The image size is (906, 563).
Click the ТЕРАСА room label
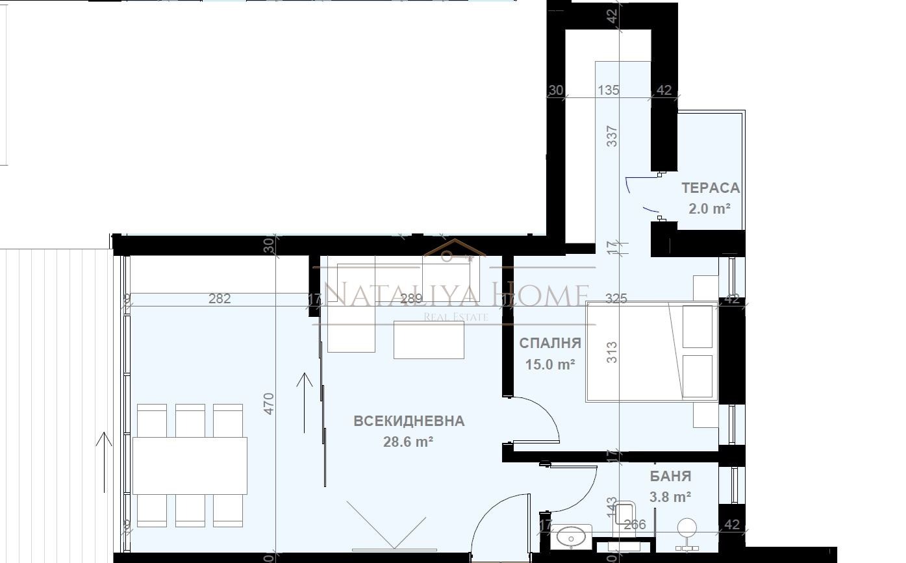pyautogui.click(x=711, y=188)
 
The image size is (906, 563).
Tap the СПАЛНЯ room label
pyautogui.click(x=549, y=344)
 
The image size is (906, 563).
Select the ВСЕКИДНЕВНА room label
pyautogui.click(x=409, y=421)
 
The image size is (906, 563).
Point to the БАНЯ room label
pyautogui.click(x=670, y=476)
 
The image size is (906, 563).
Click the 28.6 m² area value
pyautogui.click(x=409, y=442)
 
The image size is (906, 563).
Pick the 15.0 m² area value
pyautogui.click(x=549, y=364)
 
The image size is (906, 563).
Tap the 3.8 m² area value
pyautogui.click(x=670, y=497)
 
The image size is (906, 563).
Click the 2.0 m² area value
pyautogui.click(x=709, y=208)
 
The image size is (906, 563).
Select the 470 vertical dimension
pyautogui.click(x=270, y=404)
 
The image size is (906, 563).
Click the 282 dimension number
pyautogui.click(x=220, y=299)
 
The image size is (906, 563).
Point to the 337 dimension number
pyautogui.click(x=612, y=136)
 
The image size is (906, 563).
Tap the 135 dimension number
pyautogui.click(x=609, y=90)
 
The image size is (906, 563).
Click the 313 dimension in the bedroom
pyautogui.click(x=612, y=352)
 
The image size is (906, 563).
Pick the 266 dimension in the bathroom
pyautogui.click(x=634, y=525)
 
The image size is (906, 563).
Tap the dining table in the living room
pyautogui.click(x=190, y=466)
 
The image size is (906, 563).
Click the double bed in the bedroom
pyautogui.click(x=651, y=351)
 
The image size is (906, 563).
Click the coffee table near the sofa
pyautogui.click(x=429, y=340)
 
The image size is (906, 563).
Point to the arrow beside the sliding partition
pyautogui.click(x=304, y=403)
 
